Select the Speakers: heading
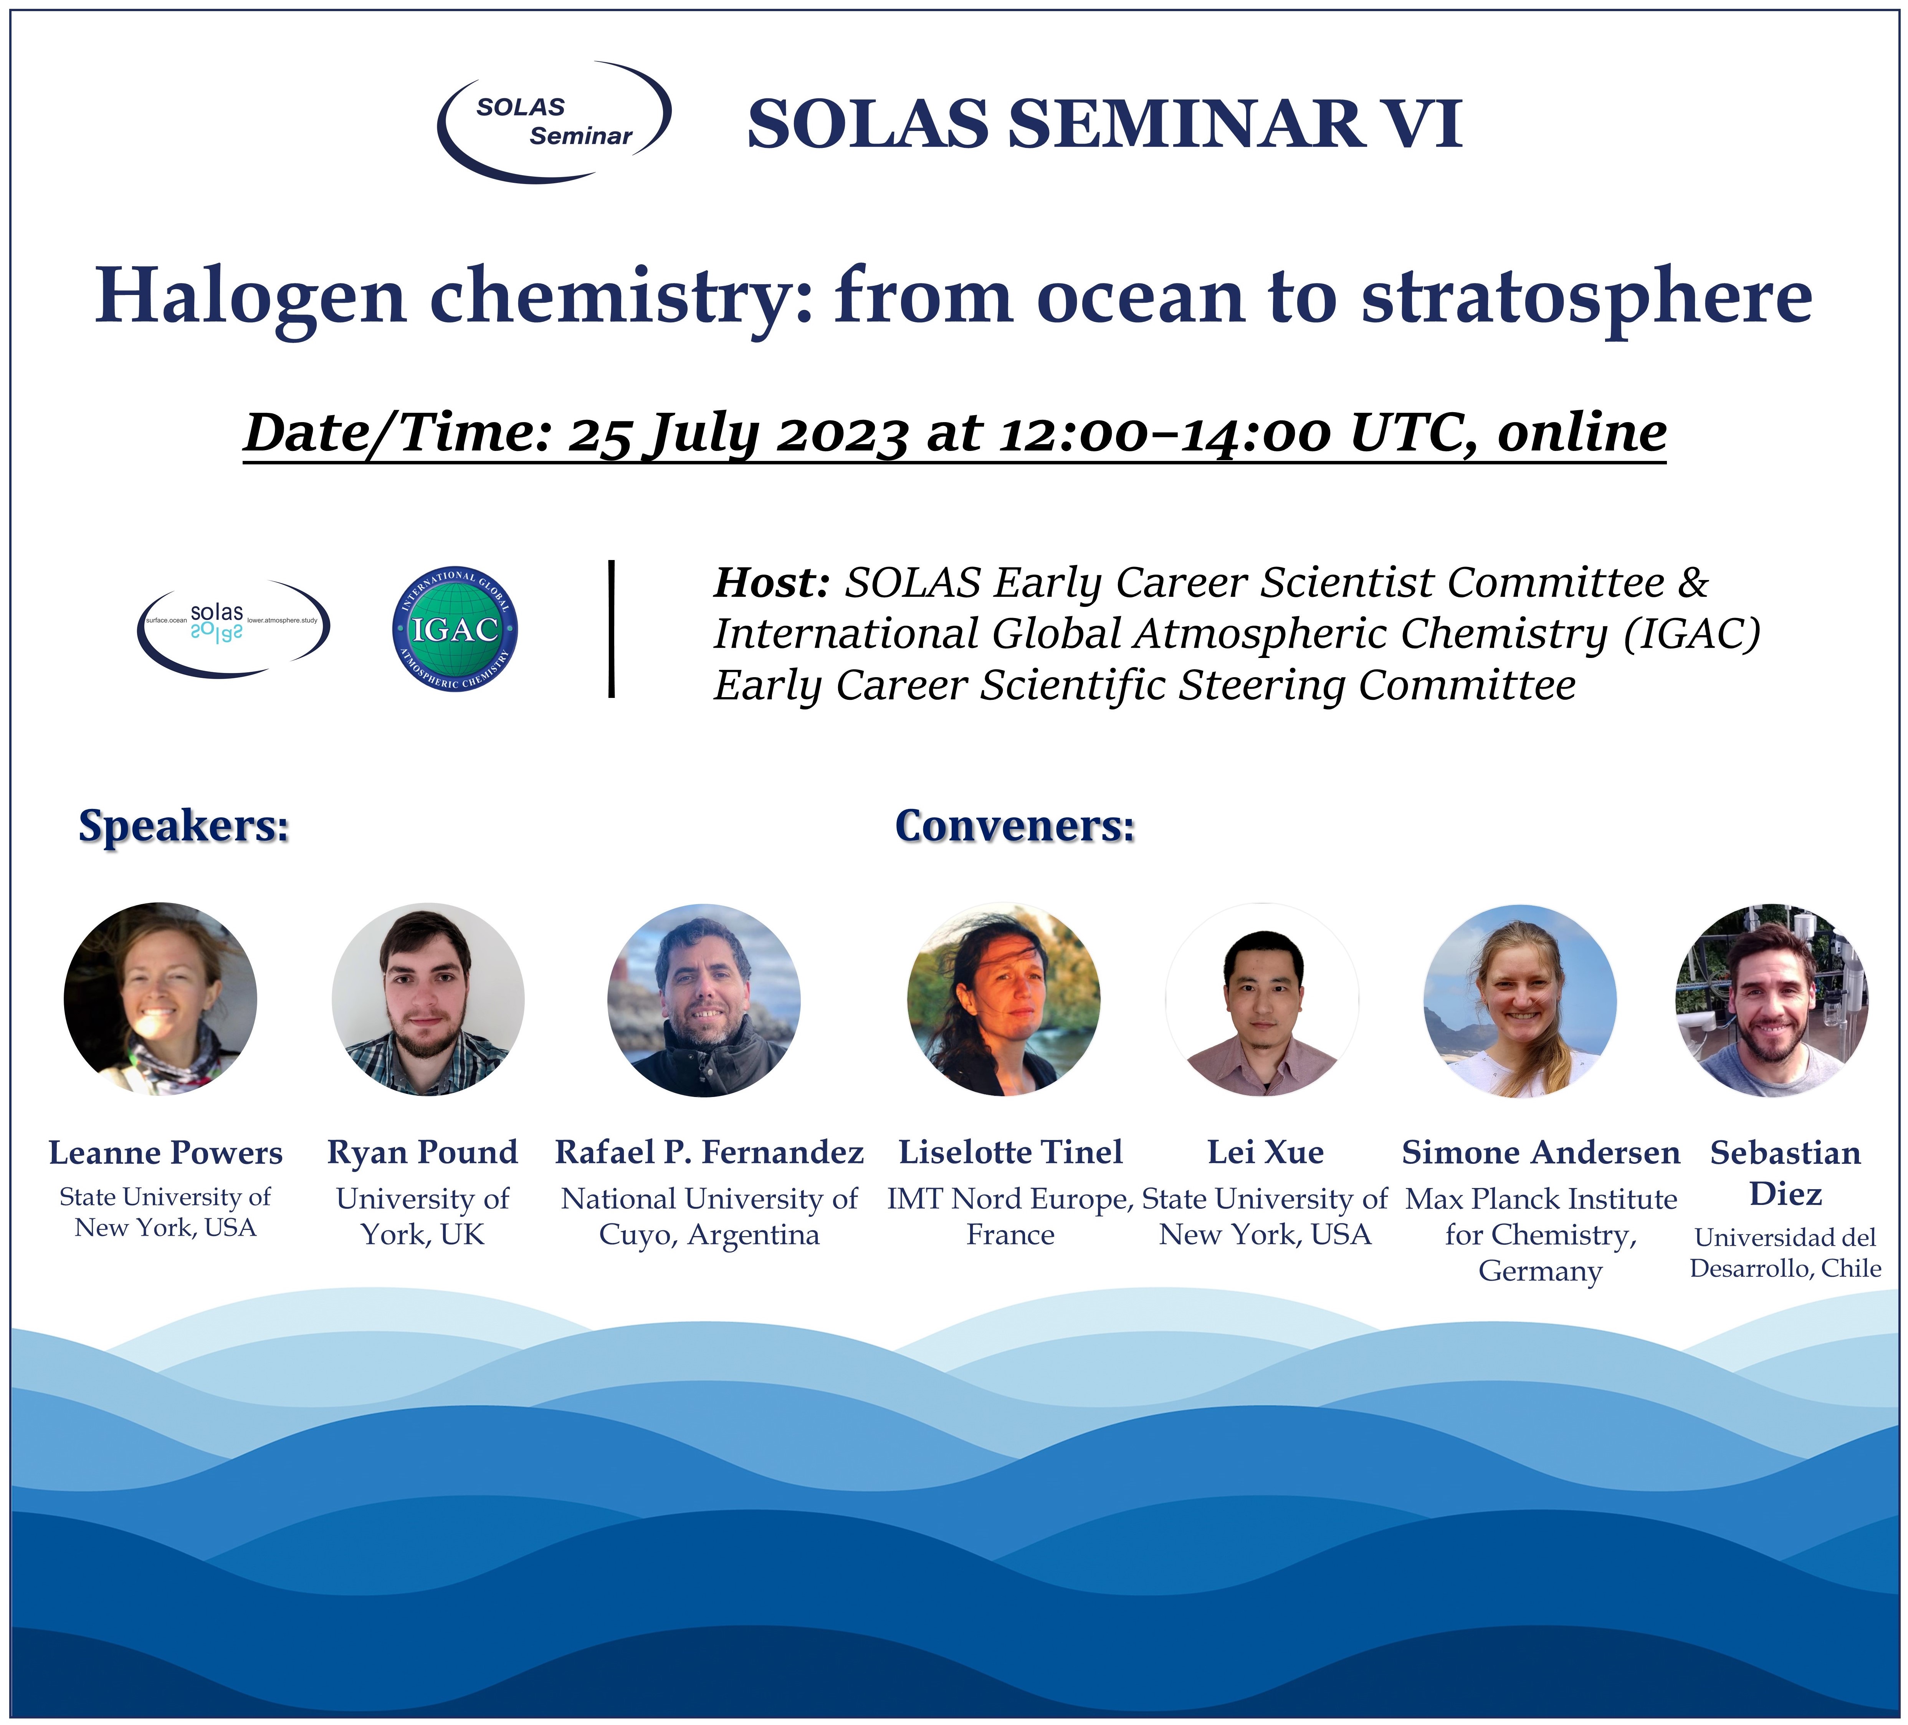click(x=184, y=825)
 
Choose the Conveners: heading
click(x=1015, y=825)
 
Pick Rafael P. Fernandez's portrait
click(x=704, y=1000)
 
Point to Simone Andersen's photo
click(x=1521, y=1001)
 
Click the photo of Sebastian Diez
click(x=1772, y=1000)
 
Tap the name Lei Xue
click(x=1265, y=1152)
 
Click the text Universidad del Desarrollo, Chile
click(x=1786, y=1253)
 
